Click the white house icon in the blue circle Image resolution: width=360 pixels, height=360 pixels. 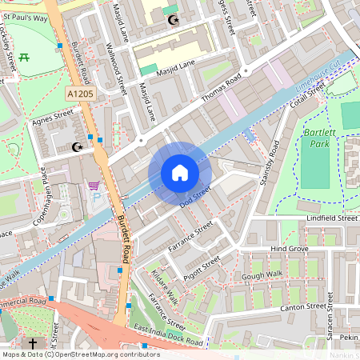(180, 173)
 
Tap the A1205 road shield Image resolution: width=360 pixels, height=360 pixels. (80, 94)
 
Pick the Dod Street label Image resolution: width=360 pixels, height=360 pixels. (194, 194)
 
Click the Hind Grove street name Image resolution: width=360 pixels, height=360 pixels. (290, 250)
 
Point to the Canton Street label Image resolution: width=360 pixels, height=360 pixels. (304, 306)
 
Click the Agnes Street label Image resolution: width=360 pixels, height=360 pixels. (52, 118)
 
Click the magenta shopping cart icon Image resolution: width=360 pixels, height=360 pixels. (94, 186)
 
